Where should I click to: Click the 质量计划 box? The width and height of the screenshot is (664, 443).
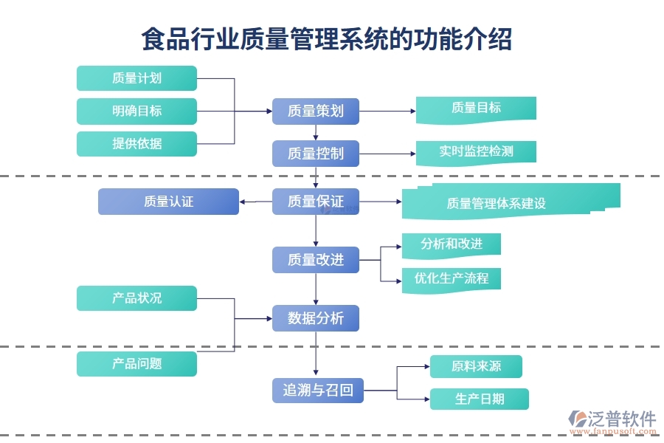pos(136,78)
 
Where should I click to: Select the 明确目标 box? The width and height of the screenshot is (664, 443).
pos(136,111)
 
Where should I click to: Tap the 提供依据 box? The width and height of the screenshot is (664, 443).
pos(136,143)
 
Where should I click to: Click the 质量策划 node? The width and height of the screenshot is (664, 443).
pos(316,111)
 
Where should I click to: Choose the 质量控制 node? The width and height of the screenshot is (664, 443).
pos(316,154)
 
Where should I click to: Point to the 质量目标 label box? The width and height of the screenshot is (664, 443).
pos(476,109)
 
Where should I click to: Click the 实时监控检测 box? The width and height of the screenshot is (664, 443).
pos(476,152)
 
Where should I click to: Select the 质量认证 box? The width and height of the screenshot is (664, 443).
pos(168,202)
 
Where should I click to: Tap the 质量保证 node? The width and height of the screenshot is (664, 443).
pos(316,202)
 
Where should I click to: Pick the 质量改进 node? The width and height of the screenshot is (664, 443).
pos(316,260)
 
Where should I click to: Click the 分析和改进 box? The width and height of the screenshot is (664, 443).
pos(452,244)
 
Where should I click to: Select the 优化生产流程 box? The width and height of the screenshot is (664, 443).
pos(452,279)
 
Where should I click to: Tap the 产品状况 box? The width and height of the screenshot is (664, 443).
pos(136,298)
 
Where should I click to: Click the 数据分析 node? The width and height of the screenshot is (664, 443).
pos(316,318)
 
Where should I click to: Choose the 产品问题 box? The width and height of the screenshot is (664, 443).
pos(136,363)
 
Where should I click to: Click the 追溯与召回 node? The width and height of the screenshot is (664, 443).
pos(318,390)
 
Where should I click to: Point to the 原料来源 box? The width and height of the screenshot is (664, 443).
pos(477,366)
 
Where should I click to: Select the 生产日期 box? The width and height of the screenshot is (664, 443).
pos(480,399)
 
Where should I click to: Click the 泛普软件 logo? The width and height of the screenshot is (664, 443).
pos(612,420)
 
